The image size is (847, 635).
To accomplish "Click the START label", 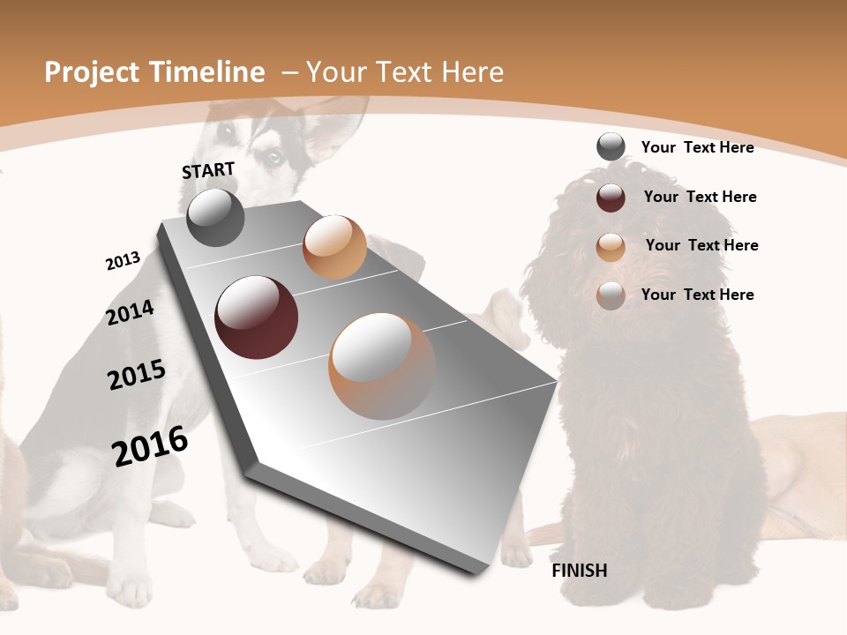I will pyautogui.click(x=208, y=170).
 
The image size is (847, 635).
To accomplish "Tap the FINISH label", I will pyautogui.click(x=579, y=571).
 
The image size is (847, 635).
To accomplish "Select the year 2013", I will pyautogui.click(x=123, y=261).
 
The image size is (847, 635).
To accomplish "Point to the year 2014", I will pyautogui.click(x=130, y=313).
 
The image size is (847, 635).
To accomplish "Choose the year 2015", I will pyautogui.click(x=136, y=375).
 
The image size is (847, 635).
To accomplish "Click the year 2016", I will pyautogui.click(x=150, y=446).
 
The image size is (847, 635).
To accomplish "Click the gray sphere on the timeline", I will pyautogui.click(x=215, y=218).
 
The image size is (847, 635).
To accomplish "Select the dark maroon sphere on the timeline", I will pyautogui.click(x=256, y=317).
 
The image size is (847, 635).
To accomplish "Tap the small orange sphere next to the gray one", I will pyautogui.click(x=334, y=247).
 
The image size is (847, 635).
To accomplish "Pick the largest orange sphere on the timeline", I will pyautogui.click(x=382, y=366).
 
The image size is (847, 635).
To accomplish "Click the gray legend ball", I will pyautogui.click(x=611, y=147).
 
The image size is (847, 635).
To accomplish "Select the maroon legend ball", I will pyautogui.click(x=611, y=198).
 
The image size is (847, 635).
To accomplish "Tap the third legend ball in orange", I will pyautogui.click(x=611, y=247).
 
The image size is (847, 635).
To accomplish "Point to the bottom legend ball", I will pyautogui.click(x=611, y=295).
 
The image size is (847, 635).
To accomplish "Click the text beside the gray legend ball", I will pyautogui.click(x=697, y=148).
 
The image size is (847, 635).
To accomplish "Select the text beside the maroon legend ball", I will pyautogui.click(x=700, y=197).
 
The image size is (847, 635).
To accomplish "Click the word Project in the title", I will pyautogui.click(x=92, y=72).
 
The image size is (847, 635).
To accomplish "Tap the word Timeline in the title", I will pyautogui.click(x=211, y=72).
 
